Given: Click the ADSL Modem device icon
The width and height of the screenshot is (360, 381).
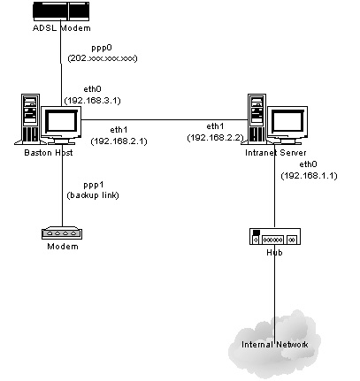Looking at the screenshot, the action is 61,11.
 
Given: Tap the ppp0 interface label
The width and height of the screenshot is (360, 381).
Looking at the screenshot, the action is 102,48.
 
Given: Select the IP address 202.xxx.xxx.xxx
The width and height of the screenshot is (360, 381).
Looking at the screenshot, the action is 103,58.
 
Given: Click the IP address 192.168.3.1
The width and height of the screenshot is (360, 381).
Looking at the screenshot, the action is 93,101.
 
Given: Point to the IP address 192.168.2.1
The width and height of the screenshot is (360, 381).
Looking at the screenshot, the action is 119,141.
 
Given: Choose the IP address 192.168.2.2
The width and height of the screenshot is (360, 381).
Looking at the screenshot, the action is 215,138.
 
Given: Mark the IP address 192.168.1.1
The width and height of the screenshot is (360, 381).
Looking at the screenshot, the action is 309,176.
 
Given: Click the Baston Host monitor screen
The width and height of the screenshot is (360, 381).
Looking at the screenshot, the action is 61,122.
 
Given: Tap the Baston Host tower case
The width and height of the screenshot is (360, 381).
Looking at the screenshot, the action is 30,119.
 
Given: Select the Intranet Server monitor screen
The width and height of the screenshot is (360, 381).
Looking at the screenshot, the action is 287,122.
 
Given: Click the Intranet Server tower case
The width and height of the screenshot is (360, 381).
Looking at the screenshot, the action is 257,119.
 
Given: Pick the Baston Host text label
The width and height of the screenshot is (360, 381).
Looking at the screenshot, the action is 49,153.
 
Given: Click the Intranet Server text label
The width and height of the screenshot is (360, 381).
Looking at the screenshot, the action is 276,153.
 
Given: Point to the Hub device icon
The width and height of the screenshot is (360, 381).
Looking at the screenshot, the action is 275,236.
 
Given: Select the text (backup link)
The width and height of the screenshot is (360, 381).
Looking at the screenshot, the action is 93,195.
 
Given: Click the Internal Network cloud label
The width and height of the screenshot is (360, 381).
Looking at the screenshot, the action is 275,345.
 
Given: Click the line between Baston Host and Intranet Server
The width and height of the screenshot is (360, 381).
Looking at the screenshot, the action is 165,120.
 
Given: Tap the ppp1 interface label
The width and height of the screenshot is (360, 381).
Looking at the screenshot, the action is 94,185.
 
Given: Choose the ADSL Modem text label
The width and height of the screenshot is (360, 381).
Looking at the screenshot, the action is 62,28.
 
